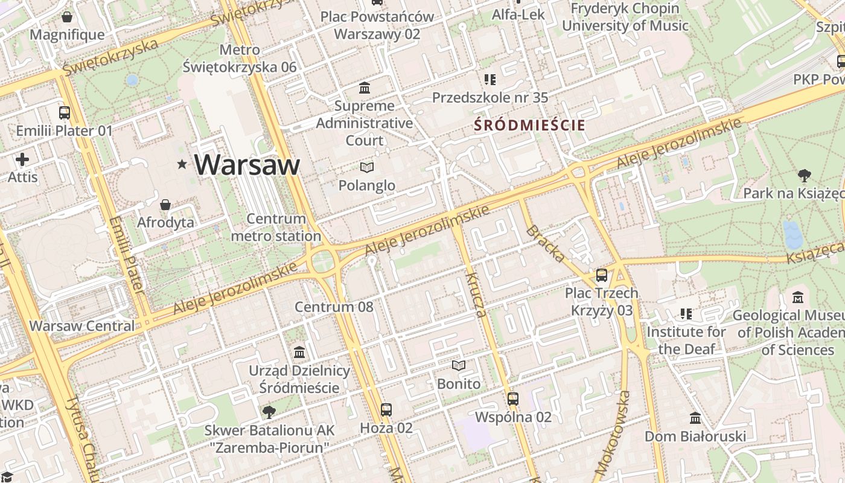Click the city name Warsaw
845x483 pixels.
tap(247, 164)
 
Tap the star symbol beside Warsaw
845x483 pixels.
tap(182, 164)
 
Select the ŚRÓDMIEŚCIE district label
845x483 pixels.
tap(529, 126)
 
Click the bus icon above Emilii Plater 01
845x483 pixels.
tap(65, 113)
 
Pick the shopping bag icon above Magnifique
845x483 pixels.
tap(67, 17)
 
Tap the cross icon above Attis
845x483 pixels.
tap(22, 159)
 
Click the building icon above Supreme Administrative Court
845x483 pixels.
tap(365, 88)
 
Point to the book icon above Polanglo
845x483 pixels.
tap(366, 167)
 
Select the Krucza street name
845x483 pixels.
tap(476, 295)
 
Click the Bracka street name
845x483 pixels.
tap(546, 244)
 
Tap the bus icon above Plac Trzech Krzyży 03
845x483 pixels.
tap(602, 275)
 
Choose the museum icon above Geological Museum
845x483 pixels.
tap(798, 297)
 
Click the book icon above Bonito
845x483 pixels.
tap(459, 365)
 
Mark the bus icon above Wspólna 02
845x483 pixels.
tap(513, 398)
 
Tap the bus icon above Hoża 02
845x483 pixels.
tap(386, 410)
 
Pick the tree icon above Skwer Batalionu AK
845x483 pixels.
tap(269, 412)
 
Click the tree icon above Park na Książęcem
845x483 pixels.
tap(803, 176)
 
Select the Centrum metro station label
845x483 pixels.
tap(276, 228)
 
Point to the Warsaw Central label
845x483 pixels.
tap(82, 326)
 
